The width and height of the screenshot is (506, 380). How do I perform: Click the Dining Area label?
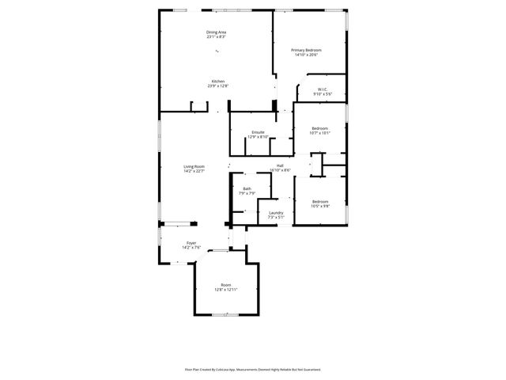(x=217, y=32)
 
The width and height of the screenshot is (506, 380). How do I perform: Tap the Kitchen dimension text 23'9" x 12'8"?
(x=218, y=85)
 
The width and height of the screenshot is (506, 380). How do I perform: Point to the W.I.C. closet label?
(x=323, y=89)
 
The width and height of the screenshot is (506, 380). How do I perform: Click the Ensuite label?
(x=259, y=131)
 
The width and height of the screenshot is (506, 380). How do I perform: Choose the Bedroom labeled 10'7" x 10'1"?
(x=319, y=128)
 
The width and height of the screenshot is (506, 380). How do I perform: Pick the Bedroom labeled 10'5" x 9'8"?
(x=319, y=201)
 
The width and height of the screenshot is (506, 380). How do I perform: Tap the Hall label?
(x=280, y=165)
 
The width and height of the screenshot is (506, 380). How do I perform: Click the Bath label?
(x=247, y=188)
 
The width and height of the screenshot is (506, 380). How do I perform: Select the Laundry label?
(x=276, y=212)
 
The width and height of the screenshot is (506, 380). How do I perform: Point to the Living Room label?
(x=194, y=166)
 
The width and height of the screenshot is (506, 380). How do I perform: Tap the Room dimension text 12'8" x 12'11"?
(x=226, y=290)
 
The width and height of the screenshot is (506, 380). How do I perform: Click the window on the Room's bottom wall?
(x=226, y=314)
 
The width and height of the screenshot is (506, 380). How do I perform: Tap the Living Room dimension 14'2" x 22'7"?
(x=194, y=171)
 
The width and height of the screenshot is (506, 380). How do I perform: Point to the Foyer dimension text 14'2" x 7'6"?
(x=191, y=247)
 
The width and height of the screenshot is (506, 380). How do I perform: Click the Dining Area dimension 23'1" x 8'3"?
(x=217, y=37)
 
